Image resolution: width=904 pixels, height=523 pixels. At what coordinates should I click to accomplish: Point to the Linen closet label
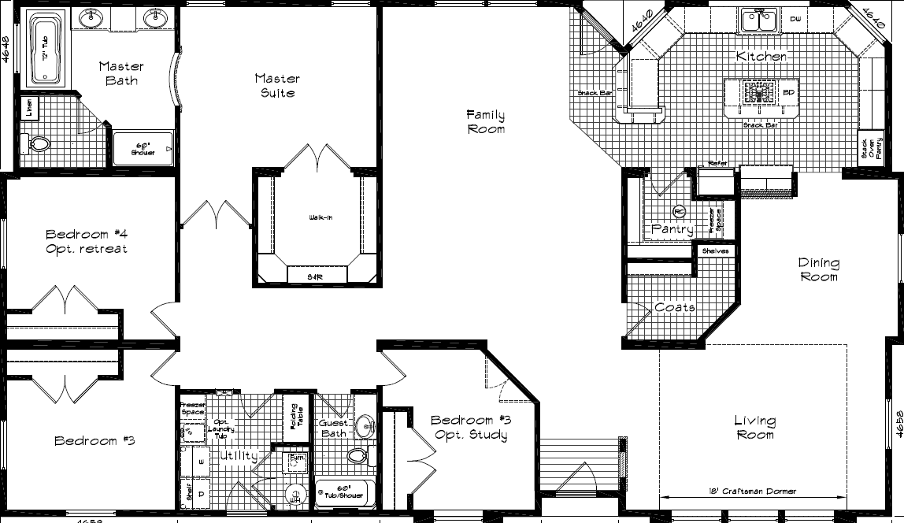[x=29, y=108]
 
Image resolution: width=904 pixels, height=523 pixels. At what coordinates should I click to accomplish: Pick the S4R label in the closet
[x=317, y=276]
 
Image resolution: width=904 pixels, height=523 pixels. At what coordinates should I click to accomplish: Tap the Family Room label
[x=485, y=121]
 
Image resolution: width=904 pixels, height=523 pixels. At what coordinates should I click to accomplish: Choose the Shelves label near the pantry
[x=716, y=251]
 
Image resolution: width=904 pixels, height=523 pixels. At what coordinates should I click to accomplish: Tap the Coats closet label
[x=674, y=307]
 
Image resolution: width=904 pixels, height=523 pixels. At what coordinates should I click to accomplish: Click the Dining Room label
[x=818, y=269]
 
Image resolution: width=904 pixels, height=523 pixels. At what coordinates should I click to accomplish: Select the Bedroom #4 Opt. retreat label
[x=86, y=241]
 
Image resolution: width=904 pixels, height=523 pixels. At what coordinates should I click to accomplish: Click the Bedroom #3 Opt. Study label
[x=469, y=428]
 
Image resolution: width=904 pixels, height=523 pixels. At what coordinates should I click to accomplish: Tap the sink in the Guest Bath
[x=365, y=426]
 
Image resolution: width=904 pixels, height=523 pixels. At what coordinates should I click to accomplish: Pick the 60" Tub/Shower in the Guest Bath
[x=343, y=492]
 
